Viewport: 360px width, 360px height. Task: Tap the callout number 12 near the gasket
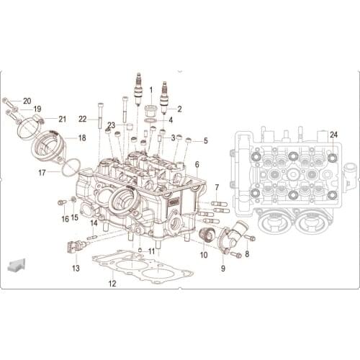pyautogui.click(x=112, y=284)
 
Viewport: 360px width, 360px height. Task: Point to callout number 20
pyautogui.click(x=27, y=101)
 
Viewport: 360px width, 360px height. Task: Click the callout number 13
pyautogui.click(x=76, y=268)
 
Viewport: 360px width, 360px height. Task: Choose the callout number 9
pyautogui.click(x=222, y=268)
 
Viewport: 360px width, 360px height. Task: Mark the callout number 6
pyautogui.click(x=196, y=165)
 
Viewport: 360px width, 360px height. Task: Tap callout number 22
pyautogui.click(x=83, y=119)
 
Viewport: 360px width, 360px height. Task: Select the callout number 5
pyautogui.click(x=205, y=141)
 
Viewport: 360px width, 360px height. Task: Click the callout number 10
pyautogui.click(x=203, y=254)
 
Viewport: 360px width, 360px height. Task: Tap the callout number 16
pyautogui.click(x=64, y=219)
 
